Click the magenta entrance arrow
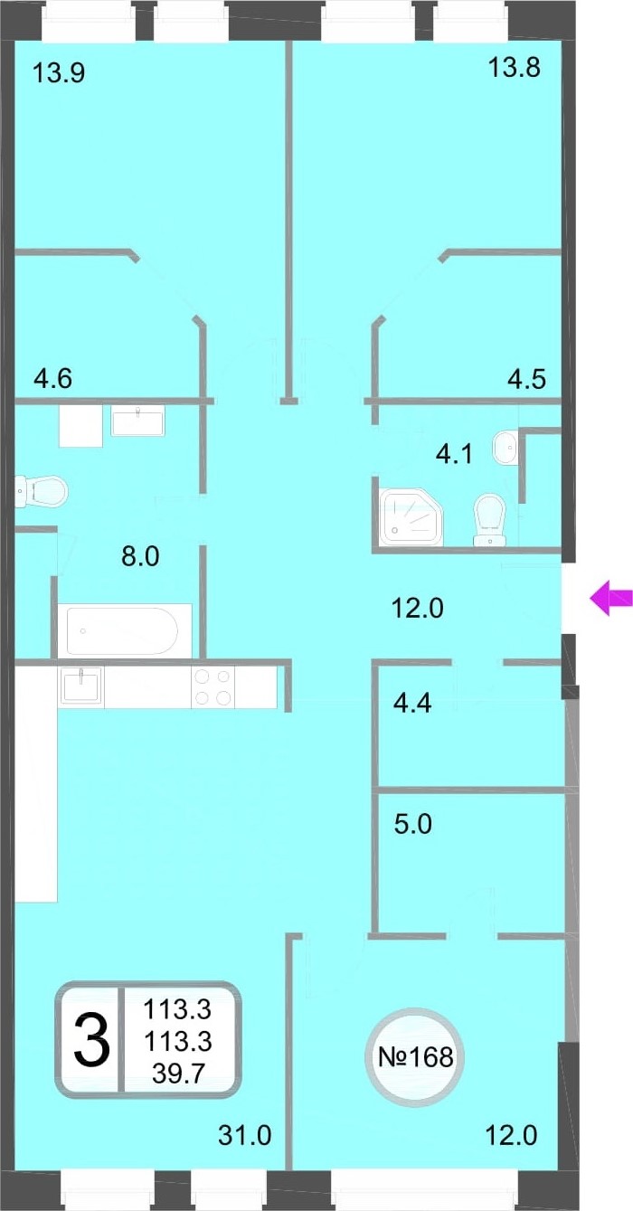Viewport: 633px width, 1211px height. [x=610, y=598]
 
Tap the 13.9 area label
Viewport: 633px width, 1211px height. [x=59, y=72]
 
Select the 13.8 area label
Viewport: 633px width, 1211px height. [x=514, y=68]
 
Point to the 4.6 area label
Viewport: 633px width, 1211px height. [x=53, y=378]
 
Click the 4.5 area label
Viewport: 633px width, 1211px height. [x=526, y=379]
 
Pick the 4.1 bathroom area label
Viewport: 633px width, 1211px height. [x=454, y=454]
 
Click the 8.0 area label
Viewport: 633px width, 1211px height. [x=140, y=556]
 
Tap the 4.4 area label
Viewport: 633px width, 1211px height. [x=412, y=704]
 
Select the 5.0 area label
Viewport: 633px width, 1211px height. [x=413, y=825]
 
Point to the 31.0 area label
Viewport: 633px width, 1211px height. [x=244, y=1135]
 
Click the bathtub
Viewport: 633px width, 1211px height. [x=125, y=630]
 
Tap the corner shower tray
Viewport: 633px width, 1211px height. [x=411, y=516]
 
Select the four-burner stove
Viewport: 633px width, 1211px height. [x=213, y=686]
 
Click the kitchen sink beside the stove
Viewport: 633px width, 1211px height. [x=81, y=686]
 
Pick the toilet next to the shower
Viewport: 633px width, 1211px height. [x=489, y=519]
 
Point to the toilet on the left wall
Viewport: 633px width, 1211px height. [x=41, y=491]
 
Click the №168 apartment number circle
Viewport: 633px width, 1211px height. [x=415, y=1057]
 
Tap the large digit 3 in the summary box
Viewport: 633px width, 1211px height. [x=92, y=1040]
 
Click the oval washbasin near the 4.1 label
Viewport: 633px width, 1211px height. [x=505, y=447]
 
